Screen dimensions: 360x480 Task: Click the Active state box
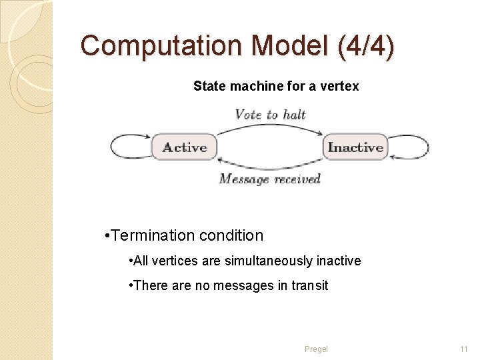(185, 147)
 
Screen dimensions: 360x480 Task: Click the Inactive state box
(355, 147)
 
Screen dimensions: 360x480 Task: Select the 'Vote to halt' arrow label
(270, 115)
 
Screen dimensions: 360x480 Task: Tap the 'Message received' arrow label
(270, 179)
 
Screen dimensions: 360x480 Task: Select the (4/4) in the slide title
(367, 46)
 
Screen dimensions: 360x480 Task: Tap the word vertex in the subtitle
(343, 86)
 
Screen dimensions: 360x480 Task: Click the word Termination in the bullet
(150, 235)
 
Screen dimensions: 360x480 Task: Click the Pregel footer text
(316, 349)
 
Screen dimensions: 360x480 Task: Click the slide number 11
(464, 349)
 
